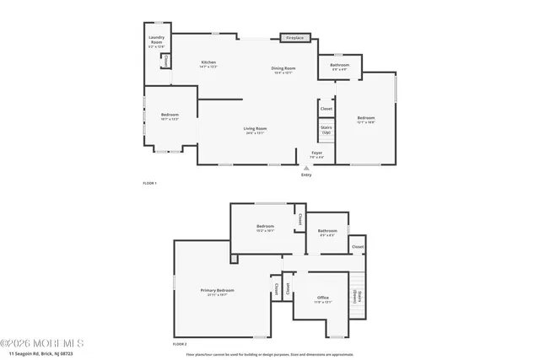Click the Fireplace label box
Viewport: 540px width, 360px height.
click(296, 38)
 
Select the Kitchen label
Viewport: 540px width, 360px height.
click(208, 64)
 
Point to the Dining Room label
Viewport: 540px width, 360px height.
click(283, 70)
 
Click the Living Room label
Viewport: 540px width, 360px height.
click(256, 130)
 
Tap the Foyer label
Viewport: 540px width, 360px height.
click(316, 155)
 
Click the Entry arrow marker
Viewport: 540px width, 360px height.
click(305, 169)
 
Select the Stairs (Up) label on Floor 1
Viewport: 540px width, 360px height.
click(327, 130)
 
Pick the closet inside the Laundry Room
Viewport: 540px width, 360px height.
click(165, 61)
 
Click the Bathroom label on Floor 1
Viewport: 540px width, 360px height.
click(339, 67)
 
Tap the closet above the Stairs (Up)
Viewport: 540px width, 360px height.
click(326, 109)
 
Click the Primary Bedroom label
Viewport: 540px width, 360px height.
click(217, 292)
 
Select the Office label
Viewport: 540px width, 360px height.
click(322, 298)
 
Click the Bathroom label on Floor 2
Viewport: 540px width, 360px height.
click(327, 232)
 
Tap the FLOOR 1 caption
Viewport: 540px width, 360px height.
click(149, 183)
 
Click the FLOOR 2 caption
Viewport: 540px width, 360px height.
click(179, 344)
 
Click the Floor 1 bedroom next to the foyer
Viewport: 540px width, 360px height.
click(365, 120)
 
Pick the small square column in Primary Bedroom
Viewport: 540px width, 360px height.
click(234, 260)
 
